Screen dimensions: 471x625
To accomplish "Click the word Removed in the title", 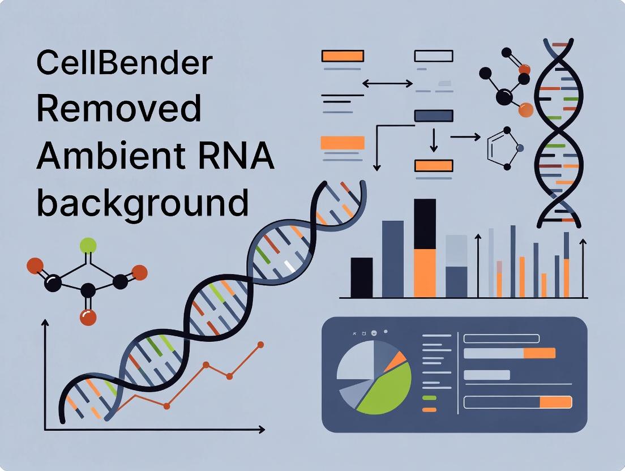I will click(119, 109).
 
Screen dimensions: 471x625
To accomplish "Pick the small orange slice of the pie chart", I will click(399, 359).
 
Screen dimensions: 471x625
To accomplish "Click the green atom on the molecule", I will click(88, 246).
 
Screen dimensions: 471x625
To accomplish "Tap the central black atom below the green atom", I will click(88, 291).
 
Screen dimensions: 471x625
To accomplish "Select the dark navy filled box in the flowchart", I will click(434, 115).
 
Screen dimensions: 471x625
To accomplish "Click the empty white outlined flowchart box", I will click(434, 55).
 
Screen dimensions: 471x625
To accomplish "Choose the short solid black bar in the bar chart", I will click(362, 277).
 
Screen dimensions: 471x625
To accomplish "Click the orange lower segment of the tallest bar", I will click(425, 273).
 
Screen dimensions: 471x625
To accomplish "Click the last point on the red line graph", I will click(260, 344).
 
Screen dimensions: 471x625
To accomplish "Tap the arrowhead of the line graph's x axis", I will click(262, 430).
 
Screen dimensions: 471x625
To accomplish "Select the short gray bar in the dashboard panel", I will click(486, 375).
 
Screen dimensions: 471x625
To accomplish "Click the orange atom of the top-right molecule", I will click(526, 109).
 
